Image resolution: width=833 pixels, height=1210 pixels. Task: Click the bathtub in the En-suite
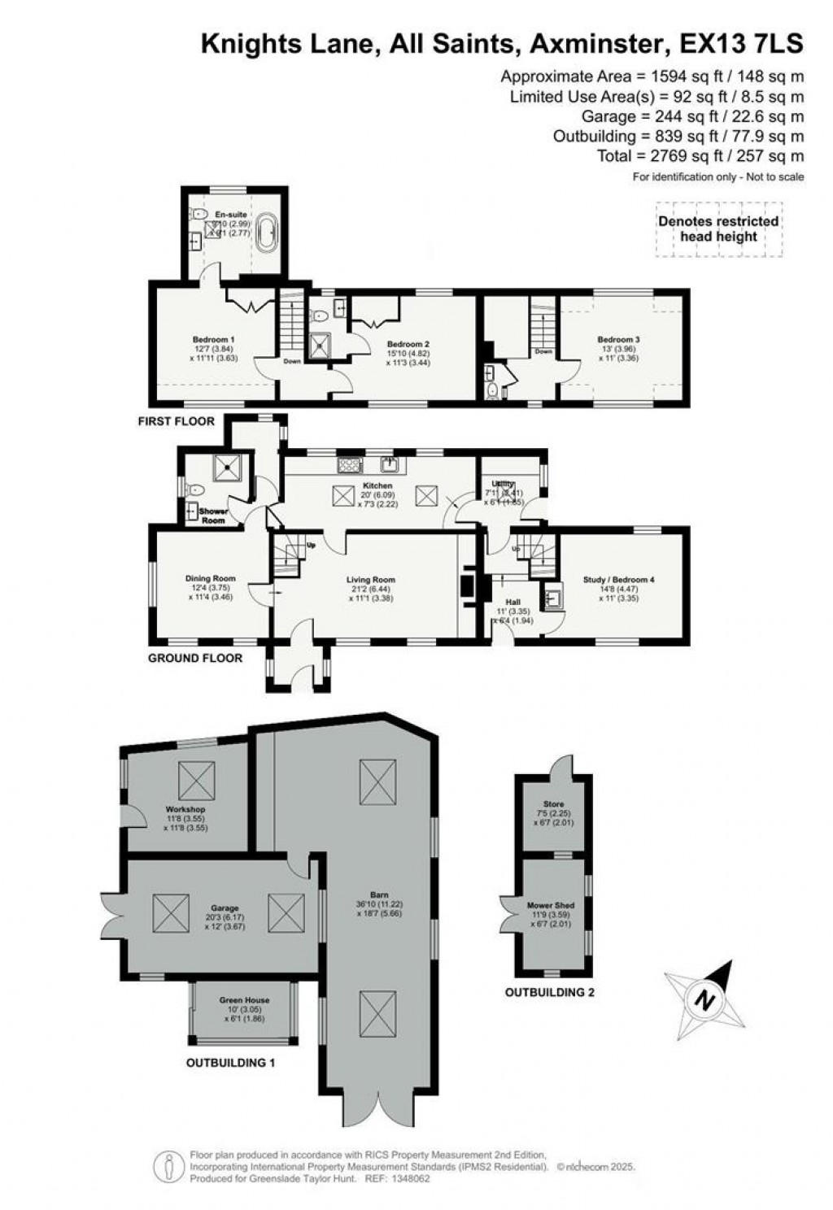[264, 232]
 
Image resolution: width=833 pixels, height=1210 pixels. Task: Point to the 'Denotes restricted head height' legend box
[718, 229]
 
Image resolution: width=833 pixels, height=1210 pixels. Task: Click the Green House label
[244, 1000]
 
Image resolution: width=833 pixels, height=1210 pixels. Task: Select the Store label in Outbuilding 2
[553, 804]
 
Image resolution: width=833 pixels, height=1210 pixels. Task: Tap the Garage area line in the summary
[680, 116]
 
